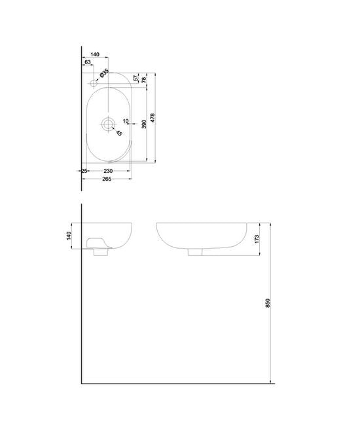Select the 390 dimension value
click(143, 124)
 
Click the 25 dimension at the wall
click(84, 171)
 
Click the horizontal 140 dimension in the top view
click(95, 55)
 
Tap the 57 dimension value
click(135, 78)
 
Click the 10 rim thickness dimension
click(126, 120)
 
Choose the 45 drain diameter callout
click(119, 134)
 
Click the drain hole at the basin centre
click(108, 122)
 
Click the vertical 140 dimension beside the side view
click(67, 235)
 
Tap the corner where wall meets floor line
click(81, 383)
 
